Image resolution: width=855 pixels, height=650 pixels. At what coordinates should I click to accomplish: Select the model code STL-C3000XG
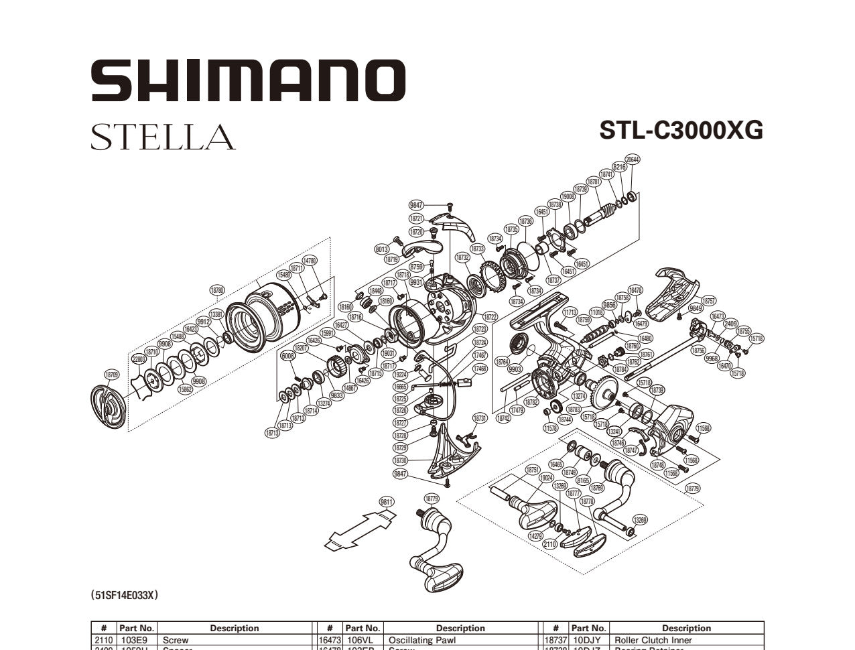pos(681,130)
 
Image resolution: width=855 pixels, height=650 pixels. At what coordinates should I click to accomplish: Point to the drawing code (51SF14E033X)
pos(125,594)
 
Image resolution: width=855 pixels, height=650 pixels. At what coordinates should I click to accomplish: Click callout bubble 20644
pos(632,159)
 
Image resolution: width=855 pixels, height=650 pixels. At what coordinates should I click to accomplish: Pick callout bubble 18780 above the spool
pos(217,290)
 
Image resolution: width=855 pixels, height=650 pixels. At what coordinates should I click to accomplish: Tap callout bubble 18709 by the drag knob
pos(111,375)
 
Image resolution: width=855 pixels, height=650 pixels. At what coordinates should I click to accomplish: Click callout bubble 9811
pos(387,502)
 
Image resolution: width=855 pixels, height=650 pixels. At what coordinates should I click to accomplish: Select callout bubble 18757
pos(708,301)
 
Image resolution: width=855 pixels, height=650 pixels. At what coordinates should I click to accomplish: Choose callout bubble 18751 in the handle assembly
pos(533,470)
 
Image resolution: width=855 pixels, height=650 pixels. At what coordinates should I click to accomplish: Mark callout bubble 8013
pos(382,249)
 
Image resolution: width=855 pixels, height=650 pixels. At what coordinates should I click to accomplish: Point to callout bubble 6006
pos(288,356)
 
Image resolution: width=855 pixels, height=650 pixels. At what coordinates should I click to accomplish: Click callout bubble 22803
pos(139,359)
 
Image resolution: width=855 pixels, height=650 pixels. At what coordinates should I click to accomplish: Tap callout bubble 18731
pos(480,418)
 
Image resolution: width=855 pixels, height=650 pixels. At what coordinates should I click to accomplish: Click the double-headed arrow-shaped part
pos(358,529)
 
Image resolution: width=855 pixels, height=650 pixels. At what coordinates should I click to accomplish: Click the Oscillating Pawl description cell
pos(460,640)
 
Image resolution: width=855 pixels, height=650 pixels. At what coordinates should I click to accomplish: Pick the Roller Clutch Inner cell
pos(686,640)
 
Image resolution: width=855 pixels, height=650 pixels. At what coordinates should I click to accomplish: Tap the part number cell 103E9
pos(137,640)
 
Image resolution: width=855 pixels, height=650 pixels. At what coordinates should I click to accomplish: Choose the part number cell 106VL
pos(363,640)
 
